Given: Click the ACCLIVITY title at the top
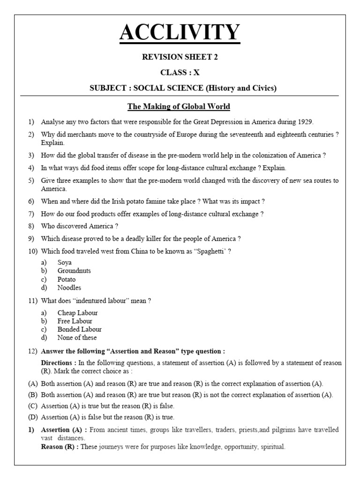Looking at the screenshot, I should [x=180, y=33].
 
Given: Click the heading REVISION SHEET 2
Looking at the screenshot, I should [x=180, y=57].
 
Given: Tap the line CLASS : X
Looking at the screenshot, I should [x=180, y=73].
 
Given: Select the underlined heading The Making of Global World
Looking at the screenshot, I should [x=180, y=106].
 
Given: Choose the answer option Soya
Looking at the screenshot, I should [x=65, y=262].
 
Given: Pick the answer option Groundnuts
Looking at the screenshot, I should [x=74, y=271].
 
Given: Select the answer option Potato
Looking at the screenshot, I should [x=66, y=279].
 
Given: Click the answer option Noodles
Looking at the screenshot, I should [x=69, y=288].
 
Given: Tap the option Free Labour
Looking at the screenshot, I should [x=75, y=321].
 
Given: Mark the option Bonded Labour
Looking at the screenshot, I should [x=79, y=330].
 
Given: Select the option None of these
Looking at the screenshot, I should [x=77, y=337].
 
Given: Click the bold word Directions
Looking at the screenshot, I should [x=59, y=363].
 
